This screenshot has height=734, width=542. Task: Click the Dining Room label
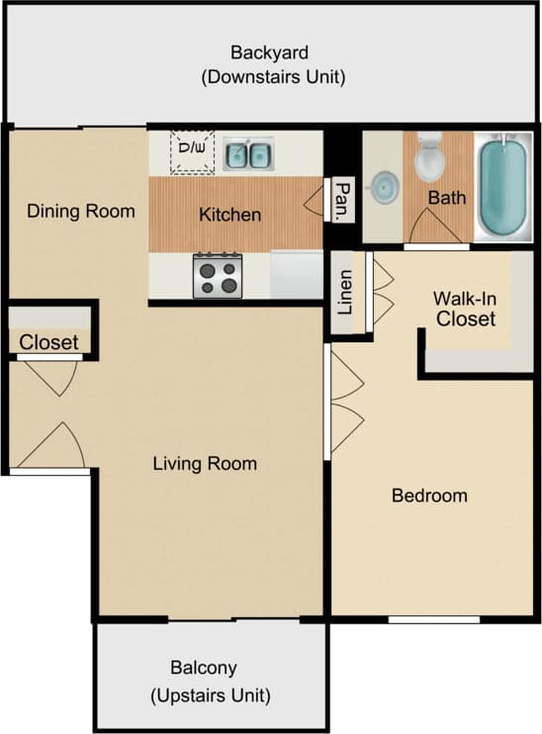(x=81, y=211)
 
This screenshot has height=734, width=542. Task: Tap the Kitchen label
(x=230, y=214)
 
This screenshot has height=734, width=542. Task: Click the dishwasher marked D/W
(x=192, y=151)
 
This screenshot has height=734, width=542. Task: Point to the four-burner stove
(x=218, y=275)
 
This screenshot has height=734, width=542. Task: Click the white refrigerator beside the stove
(x=297, y=274)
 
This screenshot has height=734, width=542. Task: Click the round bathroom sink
(x=384, y=185)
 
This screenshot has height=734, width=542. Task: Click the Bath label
(x=446, y=198)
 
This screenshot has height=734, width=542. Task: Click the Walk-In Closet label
(x=466, y=308)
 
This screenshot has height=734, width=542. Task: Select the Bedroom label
(x=429, y=496)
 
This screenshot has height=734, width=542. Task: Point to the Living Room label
(x=205, y=463)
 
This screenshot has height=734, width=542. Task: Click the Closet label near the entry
(x=49, y=343)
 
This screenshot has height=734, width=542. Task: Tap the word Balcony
(x=203, y=668)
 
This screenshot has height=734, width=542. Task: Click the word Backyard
(x=270, y=52)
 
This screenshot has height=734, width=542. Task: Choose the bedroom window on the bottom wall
(x=433, y=619)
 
